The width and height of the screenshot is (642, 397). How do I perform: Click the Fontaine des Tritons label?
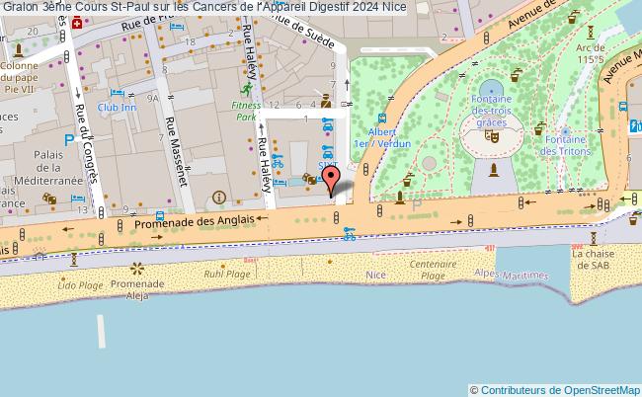click(566, 145)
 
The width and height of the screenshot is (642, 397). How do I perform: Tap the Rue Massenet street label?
click(176, 141)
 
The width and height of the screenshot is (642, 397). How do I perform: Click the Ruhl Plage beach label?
click(220, 275)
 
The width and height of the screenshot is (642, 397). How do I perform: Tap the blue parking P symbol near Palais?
click(68, 141)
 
